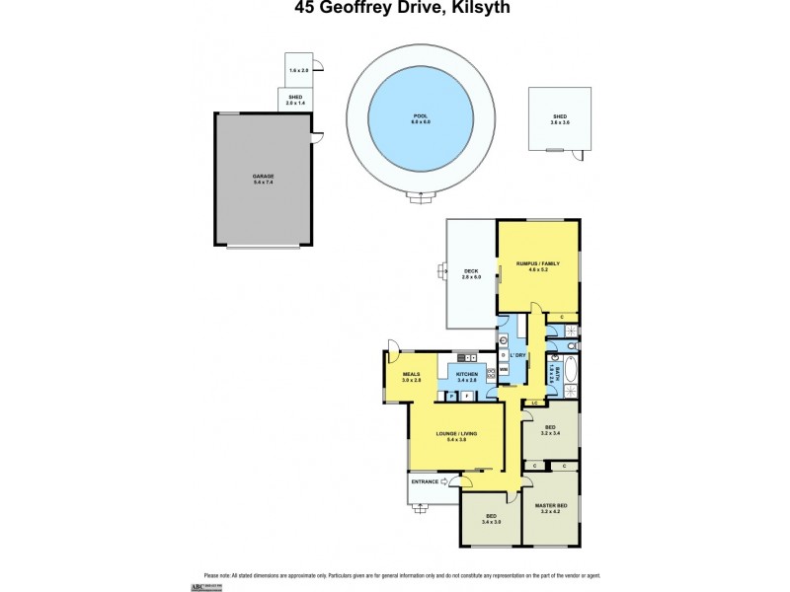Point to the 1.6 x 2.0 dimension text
[298, 71]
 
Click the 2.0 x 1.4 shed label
[296, 100]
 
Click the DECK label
[471, 274]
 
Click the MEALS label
[412, 377]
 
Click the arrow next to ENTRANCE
[445, 481]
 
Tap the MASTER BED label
[550, 507]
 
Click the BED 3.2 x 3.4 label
[550, 429]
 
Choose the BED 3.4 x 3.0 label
[491, 519]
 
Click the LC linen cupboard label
[534, 403]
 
